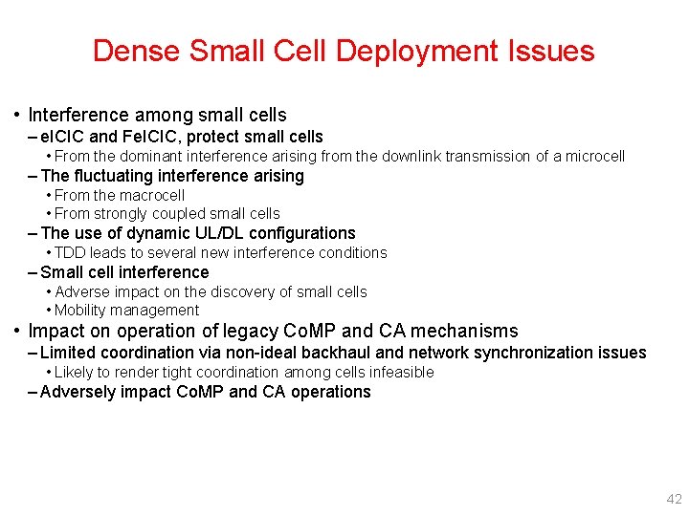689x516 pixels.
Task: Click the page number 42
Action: (674, 499)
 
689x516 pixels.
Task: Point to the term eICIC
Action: (64, 137)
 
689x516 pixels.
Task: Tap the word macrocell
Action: (149, 195)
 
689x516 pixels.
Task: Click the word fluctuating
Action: (117, 176)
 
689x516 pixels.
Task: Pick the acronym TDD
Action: (69, 253)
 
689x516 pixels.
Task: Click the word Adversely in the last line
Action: (78, 392)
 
